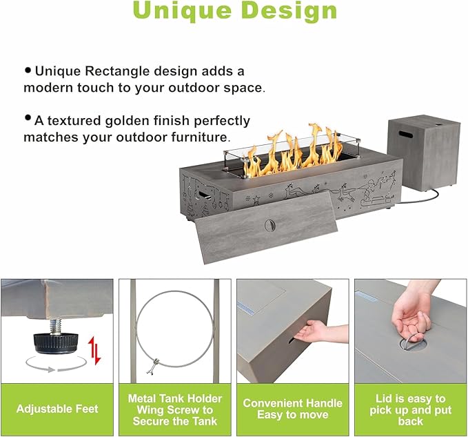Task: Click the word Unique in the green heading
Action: [182, 11]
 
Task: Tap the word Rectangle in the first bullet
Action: [117, 71]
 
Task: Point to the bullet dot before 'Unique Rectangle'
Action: [28, 70]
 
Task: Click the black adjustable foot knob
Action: [55, 343]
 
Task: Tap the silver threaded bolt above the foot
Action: [55, 327]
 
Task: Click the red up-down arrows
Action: [94, 350]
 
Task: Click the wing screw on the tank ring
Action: [153, 366]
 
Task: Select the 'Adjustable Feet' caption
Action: [57, 409]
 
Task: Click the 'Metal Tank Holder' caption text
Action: [175, 399]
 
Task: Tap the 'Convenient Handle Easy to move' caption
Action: [292, 409]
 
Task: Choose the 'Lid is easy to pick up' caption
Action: [410, 410]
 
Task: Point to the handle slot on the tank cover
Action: [406, 134]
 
